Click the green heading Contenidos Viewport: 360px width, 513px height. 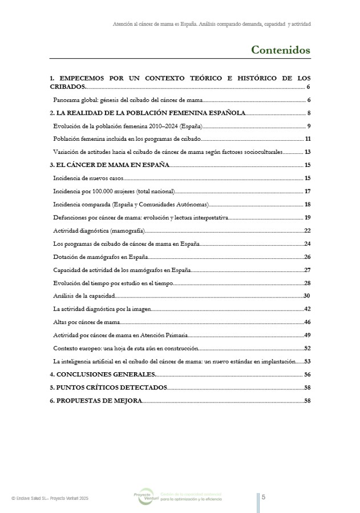(281, 50)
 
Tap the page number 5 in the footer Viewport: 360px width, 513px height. (264, 497)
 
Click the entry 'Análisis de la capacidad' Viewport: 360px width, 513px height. (84, 295)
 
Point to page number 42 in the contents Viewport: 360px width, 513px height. (306, 309)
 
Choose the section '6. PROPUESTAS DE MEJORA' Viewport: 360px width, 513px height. (95, 401)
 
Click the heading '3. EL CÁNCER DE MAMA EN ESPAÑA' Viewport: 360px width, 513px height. (110, 165)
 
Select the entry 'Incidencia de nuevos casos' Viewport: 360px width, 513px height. (84, 178)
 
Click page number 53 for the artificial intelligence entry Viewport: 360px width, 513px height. (306, 361)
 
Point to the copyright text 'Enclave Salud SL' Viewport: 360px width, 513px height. (49, 498)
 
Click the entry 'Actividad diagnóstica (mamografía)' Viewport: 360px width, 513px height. (99, 230)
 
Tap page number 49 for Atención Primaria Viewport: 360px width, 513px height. (306, 335)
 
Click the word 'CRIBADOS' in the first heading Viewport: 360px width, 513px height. (67, 87)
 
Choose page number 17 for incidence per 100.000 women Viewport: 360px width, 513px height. (307, 191)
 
